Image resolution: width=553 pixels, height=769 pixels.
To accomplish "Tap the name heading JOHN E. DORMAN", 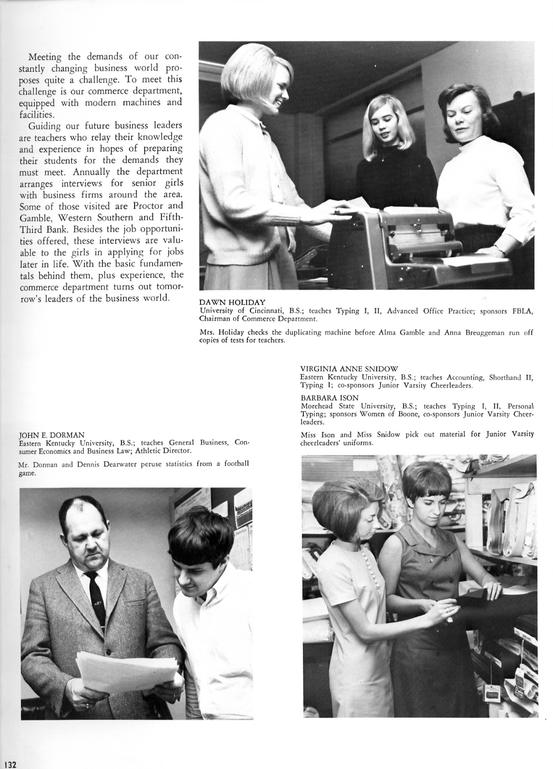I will point(52,435).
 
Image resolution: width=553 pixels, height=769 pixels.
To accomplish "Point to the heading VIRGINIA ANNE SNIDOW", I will point(349,369).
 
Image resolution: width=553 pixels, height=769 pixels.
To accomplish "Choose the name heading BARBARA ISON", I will point(329,398).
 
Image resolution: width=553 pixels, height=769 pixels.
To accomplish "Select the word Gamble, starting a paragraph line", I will point(35,217).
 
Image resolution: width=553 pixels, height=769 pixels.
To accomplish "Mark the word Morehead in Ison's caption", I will point(319,406).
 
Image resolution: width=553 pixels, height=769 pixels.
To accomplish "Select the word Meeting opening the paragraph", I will point(45,56).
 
